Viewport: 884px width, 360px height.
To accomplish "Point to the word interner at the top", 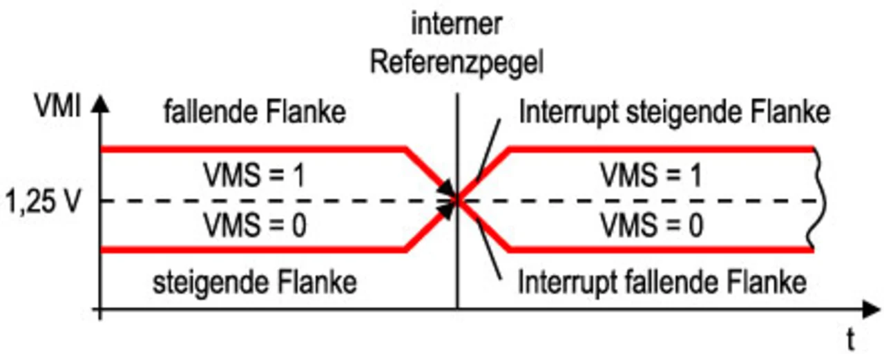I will [457, 26].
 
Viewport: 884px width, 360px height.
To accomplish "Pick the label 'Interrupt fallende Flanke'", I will [662, 282].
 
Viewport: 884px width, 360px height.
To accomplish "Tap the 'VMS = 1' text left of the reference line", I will [255, 176].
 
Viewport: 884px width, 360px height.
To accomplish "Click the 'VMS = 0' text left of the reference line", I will [255, 225].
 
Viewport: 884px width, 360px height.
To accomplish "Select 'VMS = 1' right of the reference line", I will [651, 176].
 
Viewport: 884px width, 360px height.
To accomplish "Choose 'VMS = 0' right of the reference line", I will [651, 225].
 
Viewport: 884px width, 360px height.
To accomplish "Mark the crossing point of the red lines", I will [457, 200].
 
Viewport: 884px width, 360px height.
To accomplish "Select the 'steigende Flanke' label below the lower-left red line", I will [254, 282].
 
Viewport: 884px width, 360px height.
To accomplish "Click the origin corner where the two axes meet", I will [101, 309].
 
